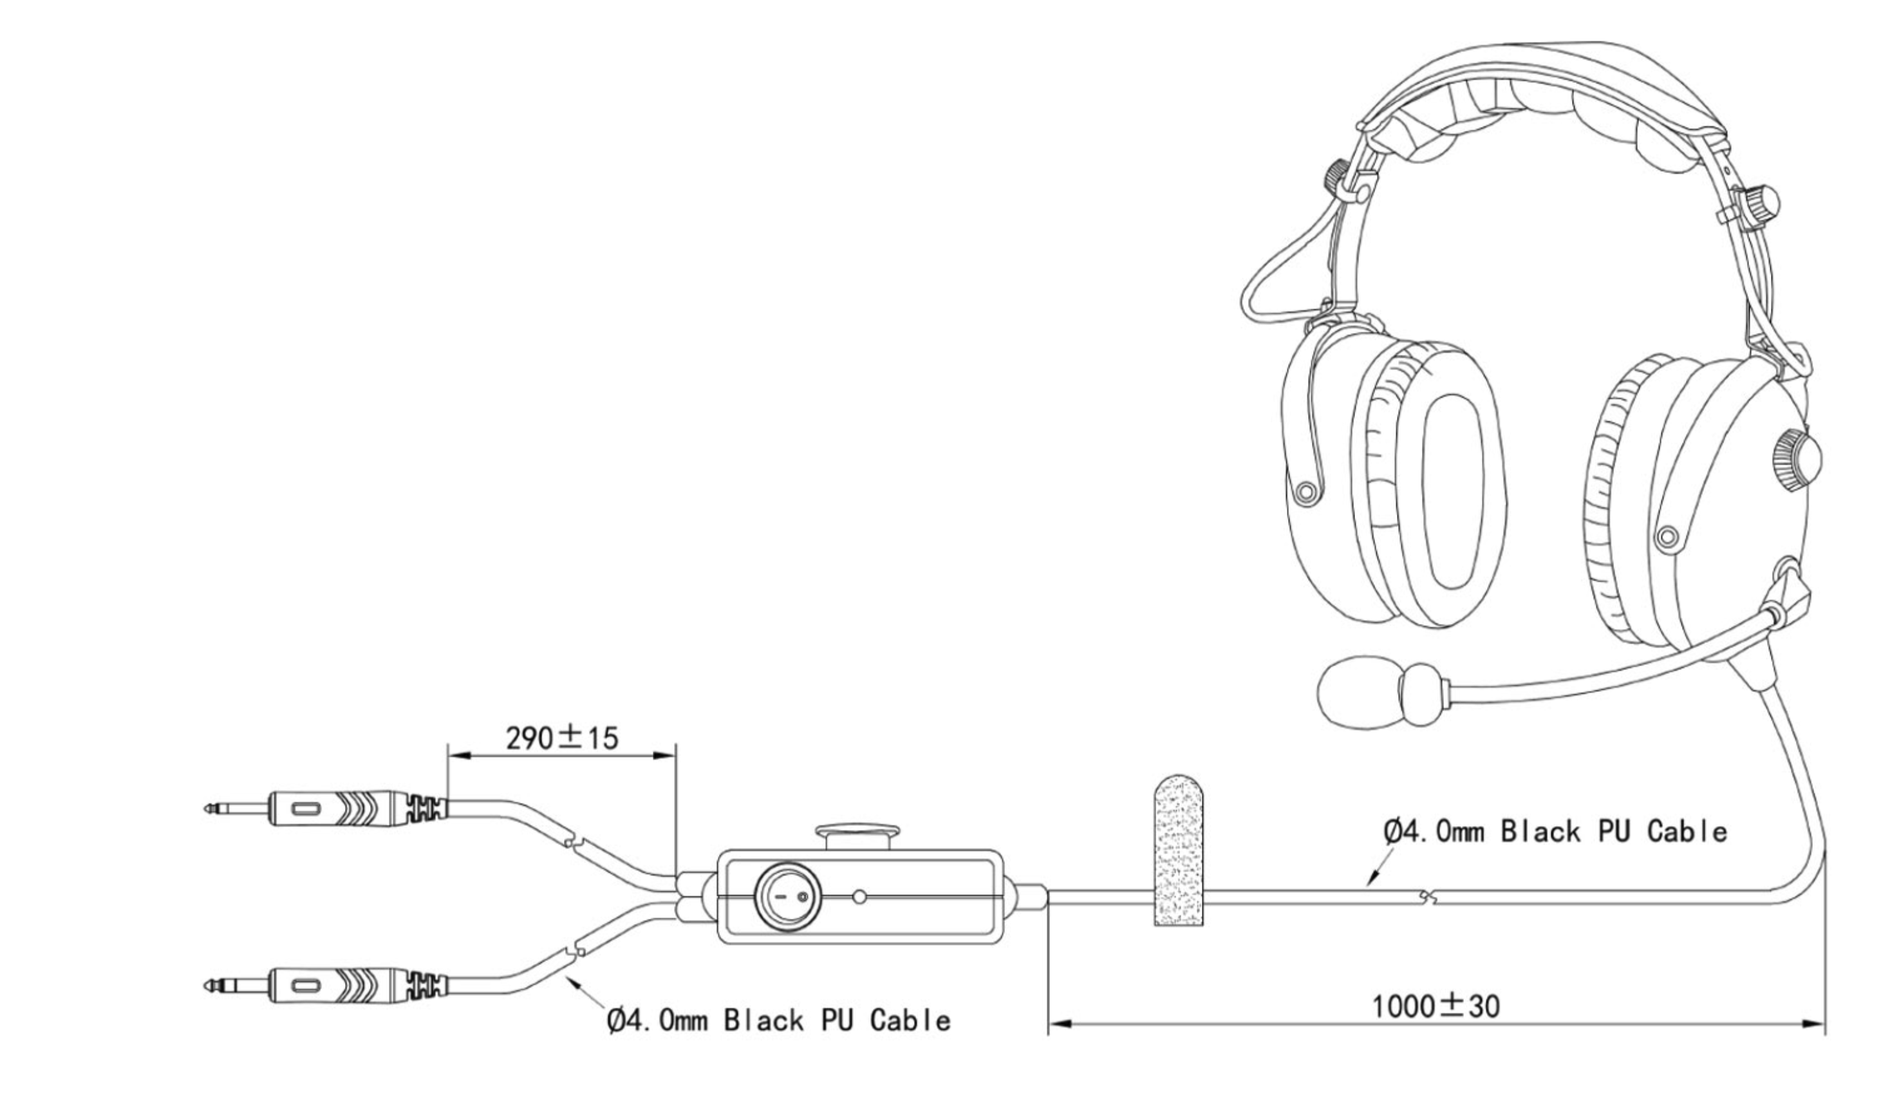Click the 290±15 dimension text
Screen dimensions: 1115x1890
[x=561, y=738]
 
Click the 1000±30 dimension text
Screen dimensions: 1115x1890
[x=1435, y=1007]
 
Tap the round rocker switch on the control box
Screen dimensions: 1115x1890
[x=788, y=897]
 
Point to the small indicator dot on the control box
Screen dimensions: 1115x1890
[x=860, y=896]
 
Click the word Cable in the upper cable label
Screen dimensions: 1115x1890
[x=1687, y=832]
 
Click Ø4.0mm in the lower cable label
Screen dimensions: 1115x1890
[x=657, y=1021]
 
